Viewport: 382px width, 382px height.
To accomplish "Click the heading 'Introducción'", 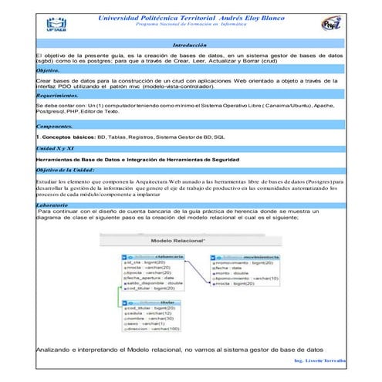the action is [x=190, y=46].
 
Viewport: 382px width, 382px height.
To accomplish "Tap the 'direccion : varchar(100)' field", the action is [x=151, y=328].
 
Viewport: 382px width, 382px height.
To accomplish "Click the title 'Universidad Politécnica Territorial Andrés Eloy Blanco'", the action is [x=190, y=17].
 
